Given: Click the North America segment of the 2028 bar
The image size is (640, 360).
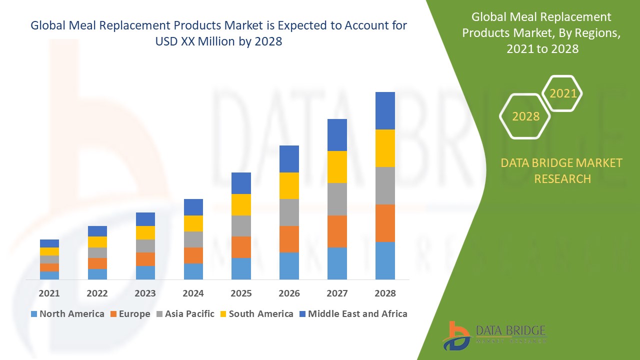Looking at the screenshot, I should pyautogui.click(x=385, y=260).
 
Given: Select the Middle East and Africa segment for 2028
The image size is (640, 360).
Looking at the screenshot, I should pyautogui.click(x=385, y=110).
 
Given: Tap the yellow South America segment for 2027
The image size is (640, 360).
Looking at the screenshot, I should pyautogui.click(x=337, y=167).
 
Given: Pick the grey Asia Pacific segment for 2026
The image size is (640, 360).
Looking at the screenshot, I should pyautogui.click(x=289, y=212).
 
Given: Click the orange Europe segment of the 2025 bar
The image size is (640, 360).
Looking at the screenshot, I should pyautogui.click(x=241, y=247).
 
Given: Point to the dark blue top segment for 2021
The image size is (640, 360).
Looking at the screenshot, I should pyautogui.click(x=49, y=243).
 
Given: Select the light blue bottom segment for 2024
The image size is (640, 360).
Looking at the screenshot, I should pyautogui.click(x=193, y=271).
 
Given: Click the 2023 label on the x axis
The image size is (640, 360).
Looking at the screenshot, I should pyautogui.click(x=145, y=293).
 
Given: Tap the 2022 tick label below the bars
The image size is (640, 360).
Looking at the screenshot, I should pyautogui.click(x=97, y=293).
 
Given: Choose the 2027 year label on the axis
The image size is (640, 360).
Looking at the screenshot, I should pyautogui.click(x=337, y=293).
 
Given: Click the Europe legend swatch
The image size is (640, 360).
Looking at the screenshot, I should pyautogui.click(x=114, y=314).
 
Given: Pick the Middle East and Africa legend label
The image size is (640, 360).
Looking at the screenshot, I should pyautogui.click(x=357, y=314).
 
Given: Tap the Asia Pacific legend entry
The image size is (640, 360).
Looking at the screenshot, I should pyautogui.click(x=189, y=314).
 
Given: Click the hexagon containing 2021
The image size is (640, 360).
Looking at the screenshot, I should pyautogui.click(x=562, y=93).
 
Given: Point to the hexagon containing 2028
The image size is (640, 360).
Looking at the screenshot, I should pyautogui.click(x=525, y=116).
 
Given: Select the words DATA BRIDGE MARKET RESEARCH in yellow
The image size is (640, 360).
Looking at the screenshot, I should pyautogui.click(x=562, y=170).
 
